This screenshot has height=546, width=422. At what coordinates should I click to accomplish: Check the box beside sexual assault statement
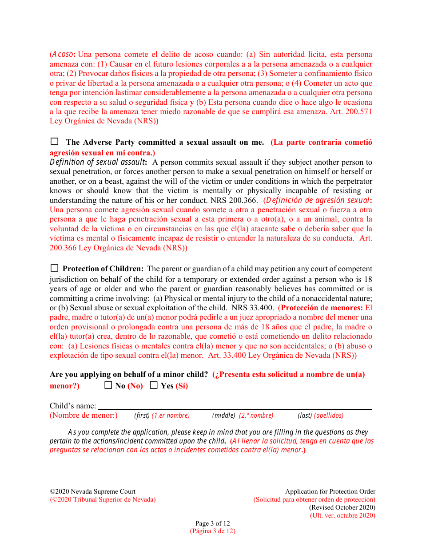[x=54, y=142]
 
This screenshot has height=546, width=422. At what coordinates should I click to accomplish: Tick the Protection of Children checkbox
[x=54, y=268]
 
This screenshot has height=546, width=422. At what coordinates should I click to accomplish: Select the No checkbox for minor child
[x=108, y=385]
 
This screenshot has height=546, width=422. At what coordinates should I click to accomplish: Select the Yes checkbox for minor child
[x=154, y=385]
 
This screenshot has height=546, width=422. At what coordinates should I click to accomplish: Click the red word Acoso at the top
[x=62, y=55]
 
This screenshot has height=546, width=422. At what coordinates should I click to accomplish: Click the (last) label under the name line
[x=305, y=415]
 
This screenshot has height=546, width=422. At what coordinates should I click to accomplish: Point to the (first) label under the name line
[x=142, y=415]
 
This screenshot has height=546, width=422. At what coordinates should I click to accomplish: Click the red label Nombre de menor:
[x=84, y=415]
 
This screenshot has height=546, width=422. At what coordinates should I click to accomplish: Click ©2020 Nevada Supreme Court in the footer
[x=93, y=491]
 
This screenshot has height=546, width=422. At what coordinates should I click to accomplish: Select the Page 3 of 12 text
[x=212, y=523]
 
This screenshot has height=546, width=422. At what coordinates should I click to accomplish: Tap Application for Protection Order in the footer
[x=330, y=491]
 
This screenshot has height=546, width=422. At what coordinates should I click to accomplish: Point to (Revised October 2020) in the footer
[x=342, y=507]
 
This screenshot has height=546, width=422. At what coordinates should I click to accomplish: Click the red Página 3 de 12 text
[x=213, y=531]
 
